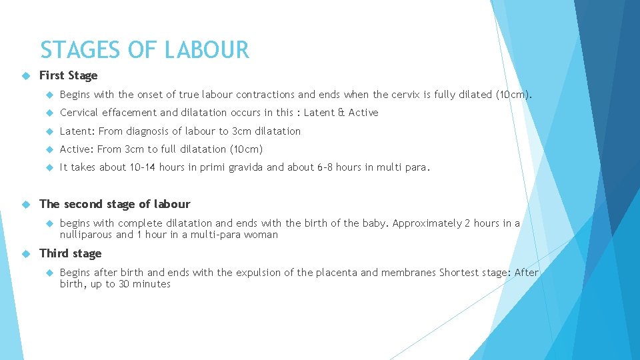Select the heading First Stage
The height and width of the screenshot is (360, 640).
click(68, 75)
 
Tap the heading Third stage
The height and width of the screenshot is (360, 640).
click(70, 253)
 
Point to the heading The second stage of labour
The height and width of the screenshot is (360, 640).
click(115, 204)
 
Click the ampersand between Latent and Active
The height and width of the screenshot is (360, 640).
click(341, 113)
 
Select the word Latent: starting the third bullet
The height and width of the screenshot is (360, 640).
click(77, 131)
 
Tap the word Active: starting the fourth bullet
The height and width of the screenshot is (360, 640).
click(77, 149)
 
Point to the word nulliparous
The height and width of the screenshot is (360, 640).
click(86, 235)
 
